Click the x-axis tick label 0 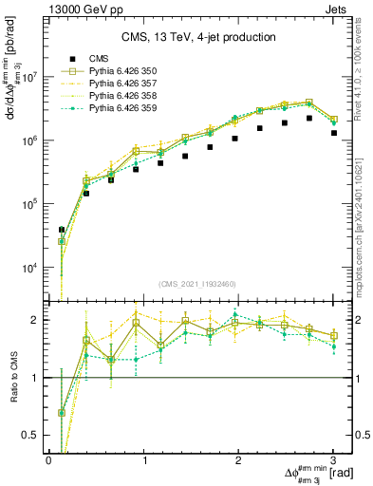pyautogui.click(x=48, y=460)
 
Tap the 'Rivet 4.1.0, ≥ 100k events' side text pyautogui.click(x=364, y=72)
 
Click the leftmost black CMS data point pyautogui.click(x=62, y=230)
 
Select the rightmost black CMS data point pyautogui.click(x=334, y=133)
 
